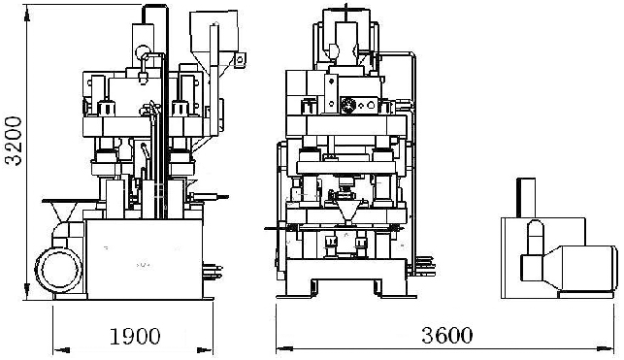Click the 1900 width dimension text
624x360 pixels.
(x=135, y=337)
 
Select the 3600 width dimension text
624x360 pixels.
(x=447, y=336)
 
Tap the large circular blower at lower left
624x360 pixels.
(x=59, y=270)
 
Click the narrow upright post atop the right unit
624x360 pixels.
(x=526, y=198)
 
